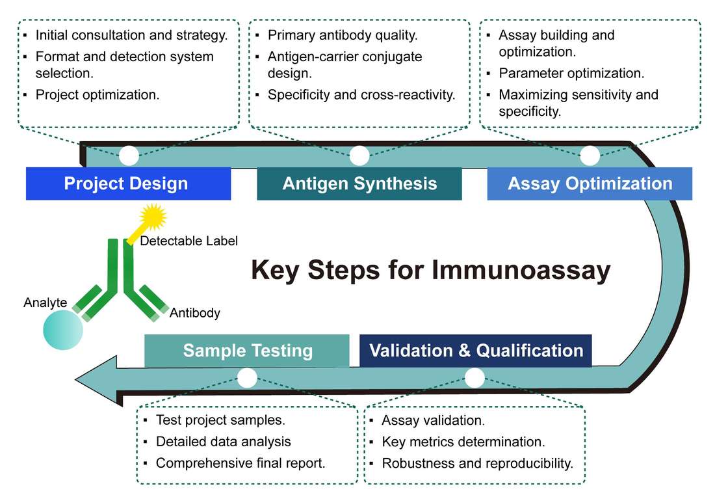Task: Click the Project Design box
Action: coord(128,183)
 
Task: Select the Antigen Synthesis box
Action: coord(359,183)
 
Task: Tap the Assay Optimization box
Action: coord(590,183)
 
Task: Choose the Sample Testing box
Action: coord(247,351)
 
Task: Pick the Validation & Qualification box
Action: coord(475,351)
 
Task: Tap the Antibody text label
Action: coord(194,313)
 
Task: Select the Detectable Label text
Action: coord(189,241)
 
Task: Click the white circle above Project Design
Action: coord(129,155)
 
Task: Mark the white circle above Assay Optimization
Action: coord(590,155)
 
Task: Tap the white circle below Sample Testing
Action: coord(247,378)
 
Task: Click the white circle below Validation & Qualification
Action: coord(475,378)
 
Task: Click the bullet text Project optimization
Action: coord(97,94)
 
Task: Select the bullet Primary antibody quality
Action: coord(342,35)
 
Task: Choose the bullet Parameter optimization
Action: coord(571,73)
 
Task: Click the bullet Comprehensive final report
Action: coord(240,463)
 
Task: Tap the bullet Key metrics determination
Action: coord(463,442)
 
